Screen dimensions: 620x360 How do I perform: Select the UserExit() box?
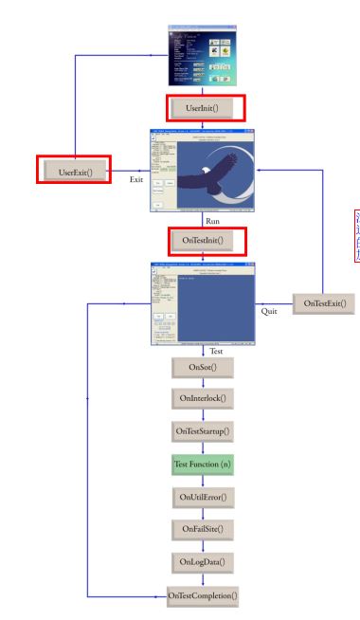[69, 171]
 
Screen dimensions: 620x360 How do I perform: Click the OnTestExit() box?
[323, 303]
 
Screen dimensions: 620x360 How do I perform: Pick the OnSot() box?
[201, 367]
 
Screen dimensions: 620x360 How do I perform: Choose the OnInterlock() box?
[201, 399]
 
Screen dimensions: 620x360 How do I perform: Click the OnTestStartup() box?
[201, 432]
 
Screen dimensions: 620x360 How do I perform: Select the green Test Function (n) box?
[201, 465]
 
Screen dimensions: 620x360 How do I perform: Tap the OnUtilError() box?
[201, 497]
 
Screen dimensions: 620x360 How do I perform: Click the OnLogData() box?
[201, 562]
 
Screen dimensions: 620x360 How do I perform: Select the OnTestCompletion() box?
[201, 595]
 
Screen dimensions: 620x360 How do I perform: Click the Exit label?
[136, 179]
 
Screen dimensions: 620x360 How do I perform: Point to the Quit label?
[268, 310]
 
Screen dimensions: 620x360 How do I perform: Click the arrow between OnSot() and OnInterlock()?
[201, 383]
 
